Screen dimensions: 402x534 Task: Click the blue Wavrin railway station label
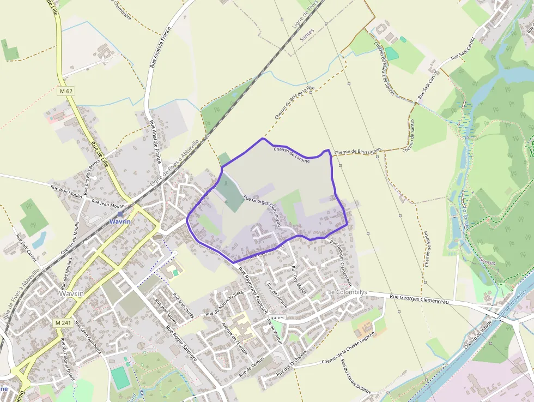pos(119,222)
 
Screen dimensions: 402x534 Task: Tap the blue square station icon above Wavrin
pos(119,214)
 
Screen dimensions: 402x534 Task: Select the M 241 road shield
pos(64,323)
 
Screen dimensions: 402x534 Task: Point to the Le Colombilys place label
pos(347,292)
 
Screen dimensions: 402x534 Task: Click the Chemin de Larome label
pos(292,155)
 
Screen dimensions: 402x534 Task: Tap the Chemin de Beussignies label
pos(358,151)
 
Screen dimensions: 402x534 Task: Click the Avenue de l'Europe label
pos(235,337)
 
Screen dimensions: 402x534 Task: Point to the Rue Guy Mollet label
pos(299,280)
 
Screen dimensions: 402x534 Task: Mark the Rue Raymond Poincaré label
pos(253,292)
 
